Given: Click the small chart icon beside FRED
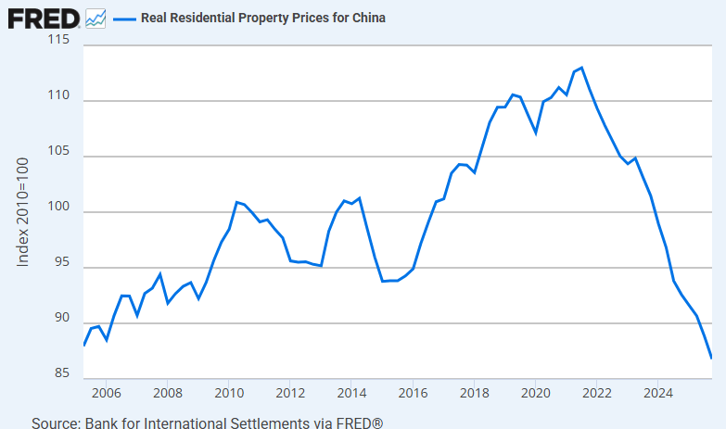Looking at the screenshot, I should [x=96, y=17].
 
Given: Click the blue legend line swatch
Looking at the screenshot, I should [x=124, y=18].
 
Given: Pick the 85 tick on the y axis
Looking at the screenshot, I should [x=62, y=373].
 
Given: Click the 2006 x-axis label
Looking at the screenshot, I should [x=106, y=392].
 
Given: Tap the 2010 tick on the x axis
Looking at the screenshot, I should [x=229, y=392].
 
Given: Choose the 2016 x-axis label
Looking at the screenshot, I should [x=413, y=392].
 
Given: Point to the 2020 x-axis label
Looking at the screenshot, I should [x=535, y=392].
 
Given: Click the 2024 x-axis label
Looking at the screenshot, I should [x=657, y=392].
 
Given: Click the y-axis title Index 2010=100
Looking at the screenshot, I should [x=23, y=211].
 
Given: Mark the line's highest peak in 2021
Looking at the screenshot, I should [x=581, y=68].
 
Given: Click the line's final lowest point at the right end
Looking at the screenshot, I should [x=711, y=358].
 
